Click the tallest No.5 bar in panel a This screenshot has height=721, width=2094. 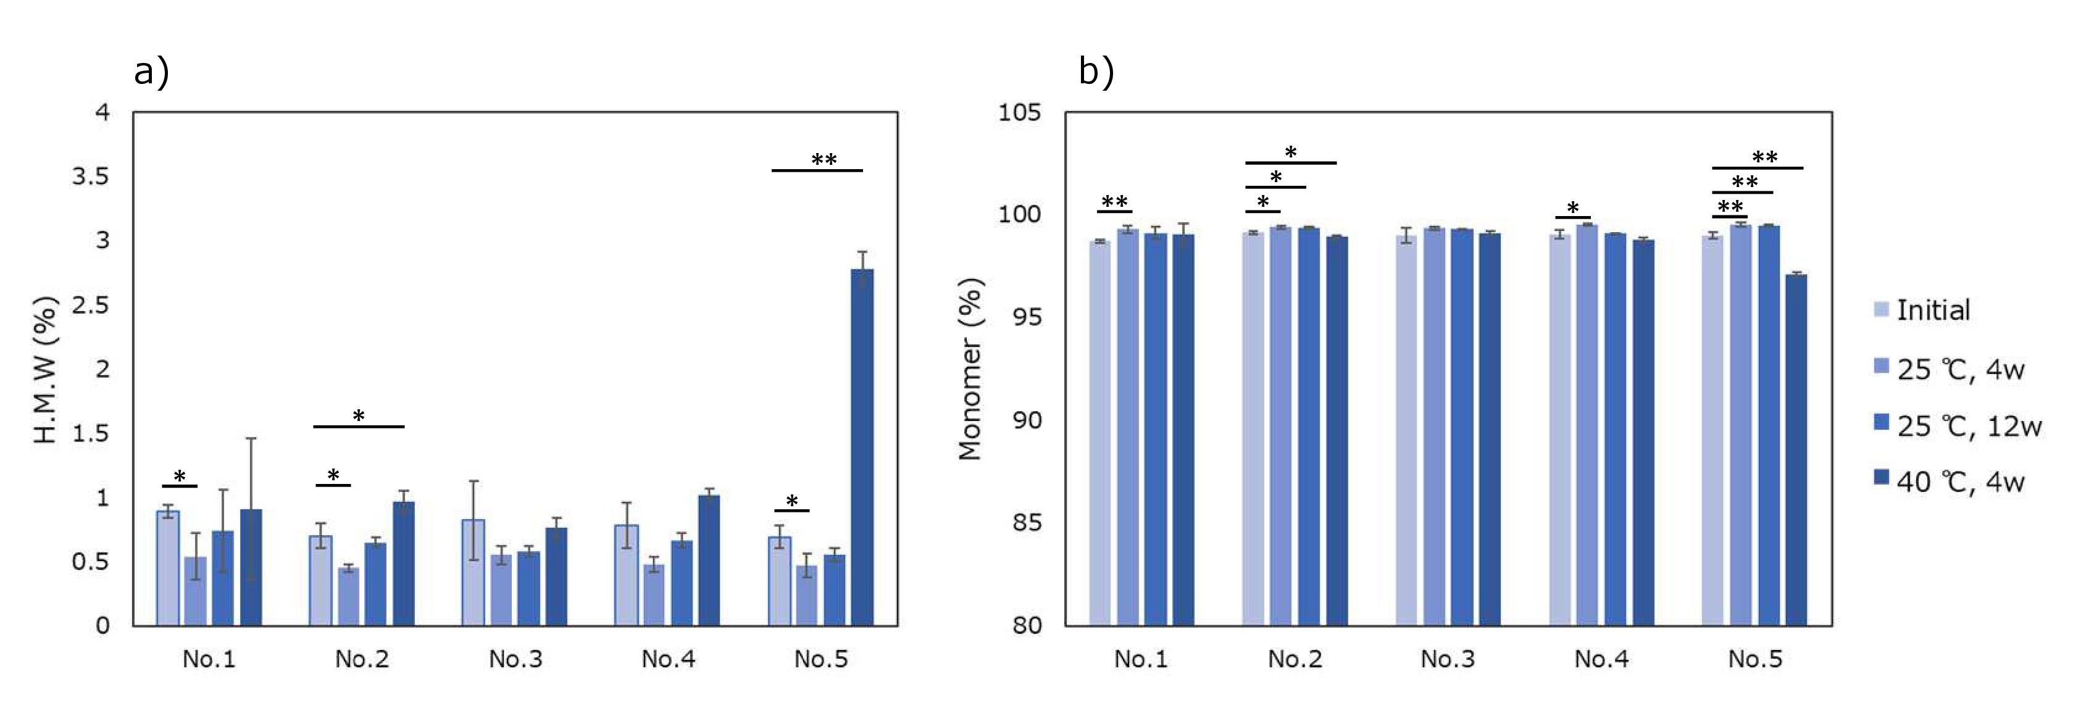point(862,447)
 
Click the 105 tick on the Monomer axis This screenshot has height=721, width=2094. point(1019,112)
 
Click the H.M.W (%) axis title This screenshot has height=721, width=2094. point(46,370)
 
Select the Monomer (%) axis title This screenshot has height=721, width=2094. point(970,370)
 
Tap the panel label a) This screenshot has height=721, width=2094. point(152,72)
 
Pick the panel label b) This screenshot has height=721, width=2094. point(1096,72)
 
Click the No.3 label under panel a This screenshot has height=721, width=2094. point(515,659)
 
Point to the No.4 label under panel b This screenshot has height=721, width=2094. point(1601,659)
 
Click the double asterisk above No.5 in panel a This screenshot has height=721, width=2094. point(824,159)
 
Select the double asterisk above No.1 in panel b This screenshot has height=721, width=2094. point(1114,202)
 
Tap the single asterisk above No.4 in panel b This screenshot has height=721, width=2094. point(1572,208)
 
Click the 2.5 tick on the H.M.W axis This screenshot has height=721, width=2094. point(90,305)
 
